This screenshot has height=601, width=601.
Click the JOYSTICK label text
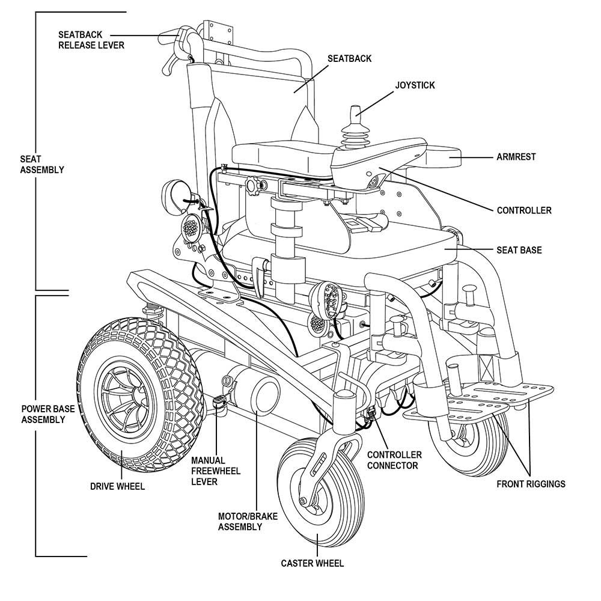(x=415, y=85)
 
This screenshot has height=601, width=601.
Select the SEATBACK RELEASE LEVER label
(x=91, y=39)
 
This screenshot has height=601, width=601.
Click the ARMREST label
(x=516, y=157)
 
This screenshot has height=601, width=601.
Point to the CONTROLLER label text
(x=523, y=210)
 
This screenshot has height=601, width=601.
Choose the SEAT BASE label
(x=519, y=249)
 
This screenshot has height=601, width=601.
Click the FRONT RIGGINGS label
(x=531, y=484)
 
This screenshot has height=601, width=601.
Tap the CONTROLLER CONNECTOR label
(x=394, y=460)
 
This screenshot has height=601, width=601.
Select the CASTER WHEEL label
(x=313, y=563)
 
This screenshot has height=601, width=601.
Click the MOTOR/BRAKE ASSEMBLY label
(x=240, y=521)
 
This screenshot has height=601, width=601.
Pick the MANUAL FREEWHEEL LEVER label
(x=216, y=471)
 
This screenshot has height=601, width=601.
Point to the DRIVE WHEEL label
(x=117, y=486)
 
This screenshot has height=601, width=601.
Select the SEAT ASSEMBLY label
(x=41, y=165)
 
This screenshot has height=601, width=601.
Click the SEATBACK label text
(x=349, y=59)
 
